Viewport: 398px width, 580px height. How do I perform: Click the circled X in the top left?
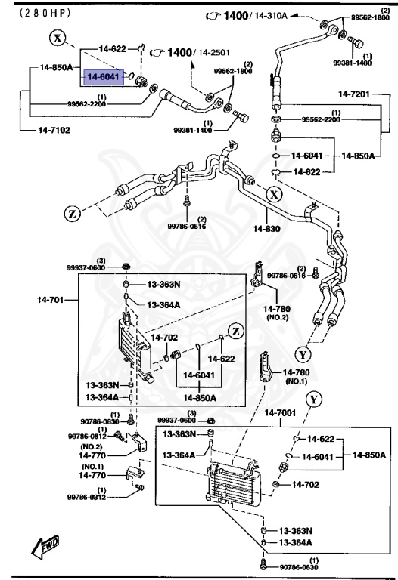58,36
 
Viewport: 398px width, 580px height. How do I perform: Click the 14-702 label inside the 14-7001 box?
306,485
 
